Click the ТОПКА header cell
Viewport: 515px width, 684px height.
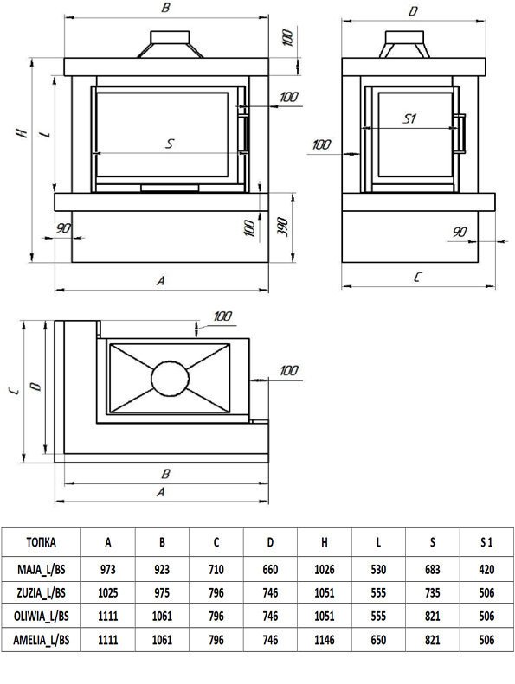click(41, 542)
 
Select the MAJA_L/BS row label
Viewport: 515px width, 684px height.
click(41, 569)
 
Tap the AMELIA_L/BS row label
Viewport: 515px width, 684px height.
click(41, 640)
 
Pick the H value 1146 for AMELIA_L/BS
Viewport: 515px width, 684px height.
click(324, 640)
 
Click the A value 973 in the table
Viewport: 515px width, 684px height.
click(108, 569)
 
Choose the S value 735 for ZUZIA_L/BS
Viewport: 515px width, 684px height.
click(433, 593)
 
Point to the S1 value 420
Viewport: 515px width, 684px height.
click(486, 569)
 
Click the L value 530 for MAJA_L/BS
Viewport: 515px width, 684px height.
click(378, 569)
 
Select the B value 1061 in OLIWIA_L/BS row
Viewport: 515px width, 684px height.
click(162, 617)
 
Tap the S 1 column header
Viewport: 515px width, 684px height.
click(486, 542)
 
